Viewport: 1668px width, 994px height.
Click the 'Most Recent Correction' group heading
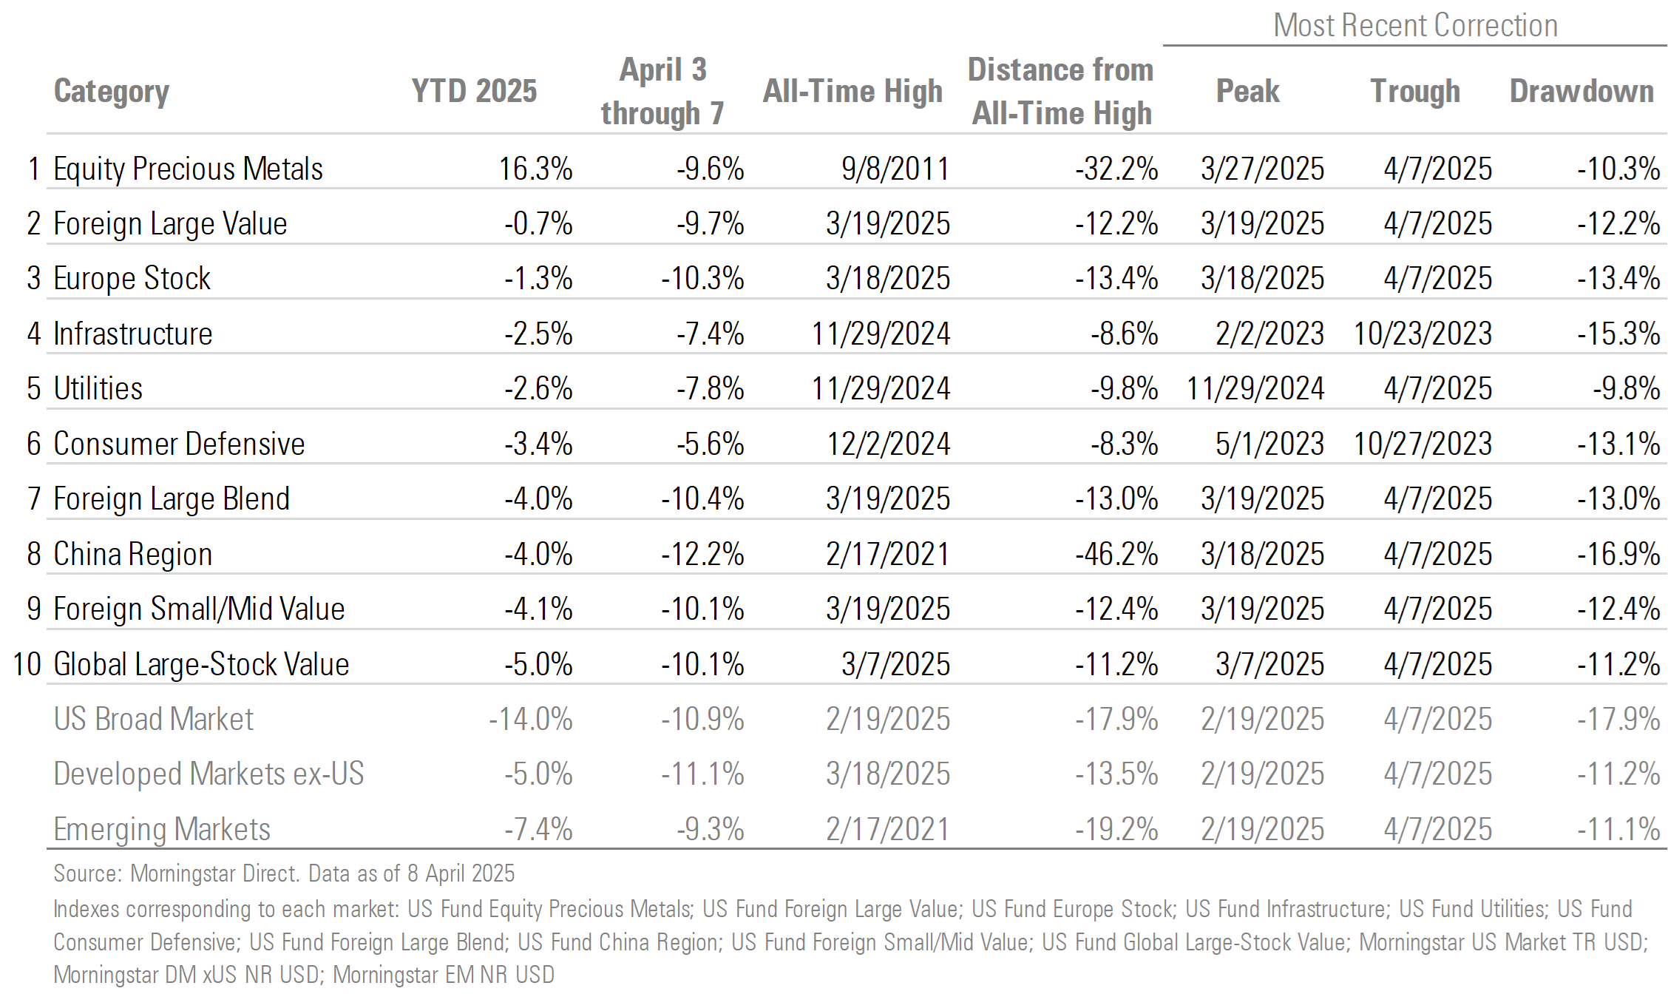[x=1415, y=26]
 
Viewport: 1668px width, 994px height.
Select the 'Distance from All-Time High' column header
[x=1061, y=92]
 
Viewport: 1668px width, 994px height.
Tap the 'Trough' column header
[x=1415, y=92]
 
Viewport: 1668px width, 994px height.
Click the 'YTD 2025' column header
[x=474, y=92]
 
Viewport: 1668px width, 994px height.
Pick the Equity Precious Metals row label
[x=188, y=169]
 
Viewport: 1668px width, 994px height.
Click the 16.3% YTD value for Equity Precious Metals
[x=535, y=169]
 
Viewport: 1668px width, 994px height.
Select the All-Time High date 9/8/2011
[x=895, y=169]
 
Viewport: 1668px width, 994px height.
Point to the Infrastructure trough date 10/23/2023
[x=1423, y=334]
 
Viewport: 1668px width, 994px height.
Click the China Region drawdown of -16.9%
[x=1618, y=554]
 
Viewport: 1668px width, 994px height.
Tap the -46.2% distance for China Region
[x=1116, y=554]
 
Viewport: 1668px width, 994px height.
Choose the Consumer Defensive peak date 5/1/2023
[x=1269, y=444]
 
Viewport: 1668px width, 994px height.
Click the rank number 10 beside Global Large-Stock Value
[x=27, y=664]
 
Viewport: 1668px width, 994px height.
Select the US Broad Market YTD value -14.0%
[x=530, y=719]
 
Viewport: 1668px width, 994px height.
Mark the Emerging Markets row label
[x=162, y=829]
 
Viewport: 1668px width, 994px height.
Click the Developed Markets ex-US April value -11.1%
[x=702, y=774]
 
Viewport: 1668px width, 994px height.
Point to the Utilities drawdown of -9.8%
[x=1626, y=389]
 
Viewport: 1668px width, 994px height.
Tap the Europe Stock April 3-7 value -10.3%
[x=702, y=279]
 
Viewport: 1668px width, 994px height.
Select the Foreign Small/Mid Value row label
[x=199, y=609]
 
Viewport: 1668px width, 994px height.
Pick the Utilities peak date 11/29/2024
[x=1255, y=389]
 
